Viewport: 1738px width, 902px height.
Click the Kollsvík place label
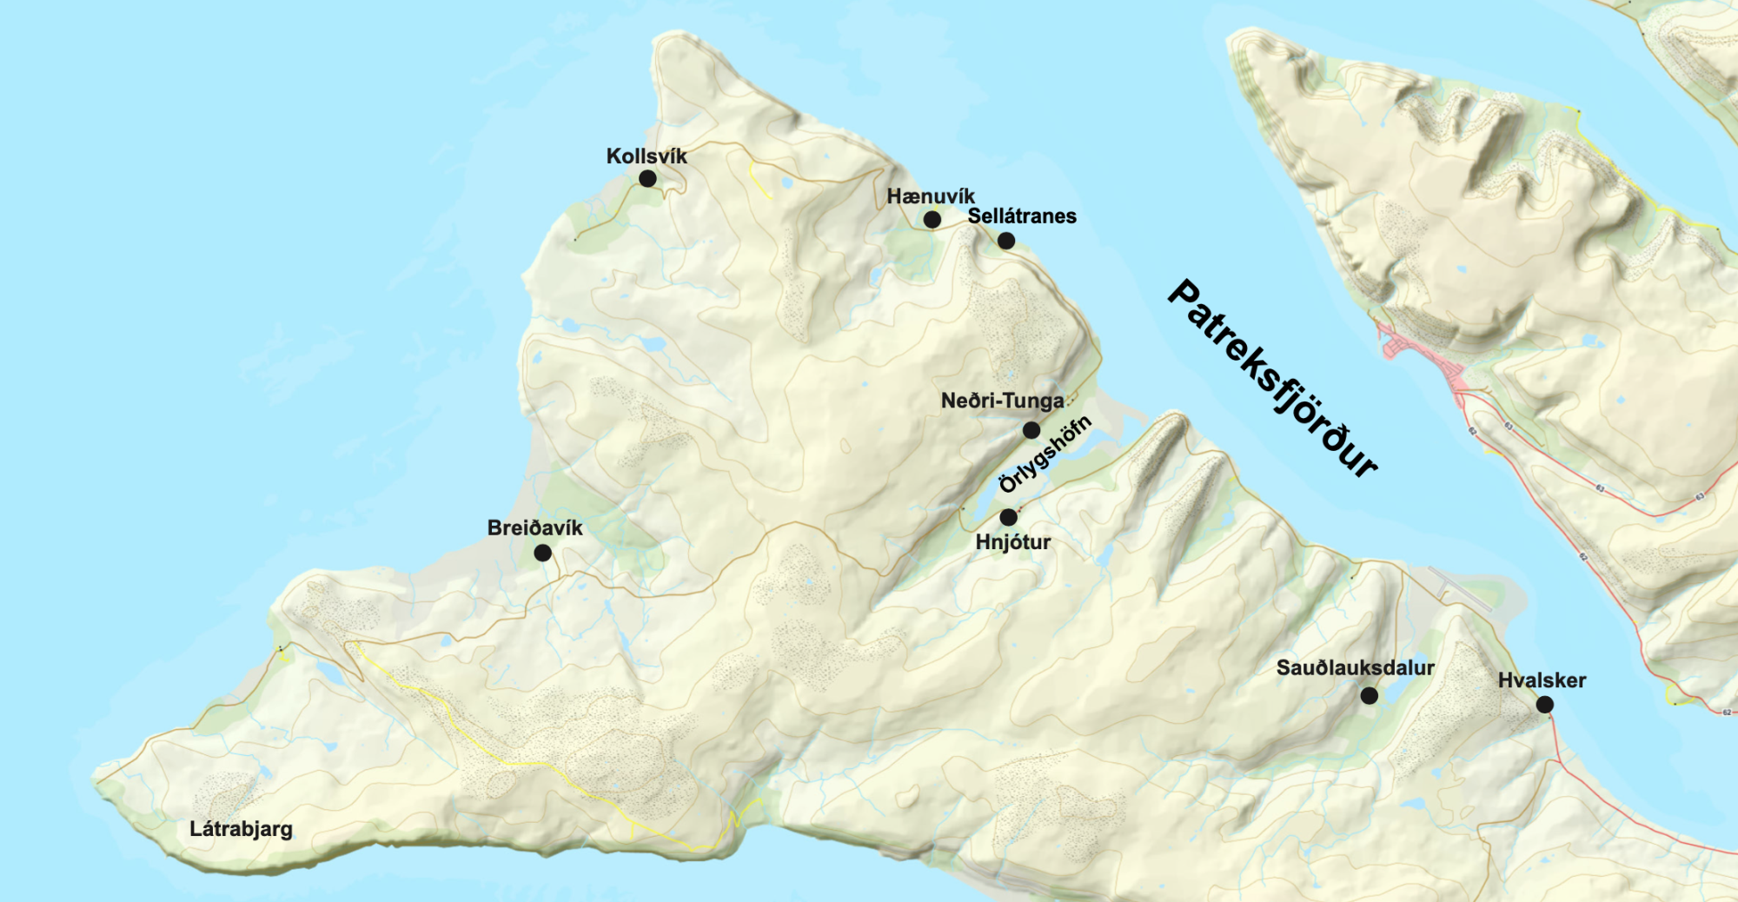point(647,156)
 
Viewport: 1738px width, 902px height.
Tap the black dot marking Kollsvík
point(647,178)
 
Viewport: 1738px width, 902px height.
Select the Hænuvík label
point(931,196)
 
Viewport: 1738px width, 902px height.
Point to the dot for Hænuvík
point(932,220)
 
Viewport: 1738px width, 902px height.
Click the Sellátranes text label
point(1022,216)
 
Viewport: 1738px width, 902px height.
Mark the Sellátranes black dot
point(1006,241)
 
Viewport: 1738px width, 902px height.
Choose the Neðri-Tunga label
point(1003,401)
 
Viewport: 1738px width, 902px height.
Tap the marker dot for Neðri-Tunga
point(1032,430)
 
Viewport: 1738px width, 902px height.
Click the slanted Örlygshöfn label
point(1045,454)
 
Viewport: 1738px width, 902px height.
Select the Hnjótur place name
point(1013,542)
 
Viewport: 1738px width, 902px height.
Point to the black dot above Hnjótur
point(1008,518)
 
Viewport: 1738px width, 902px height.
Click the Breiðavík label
point(535,528)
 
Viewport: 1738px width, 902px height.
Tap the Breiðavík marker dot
point(542,553)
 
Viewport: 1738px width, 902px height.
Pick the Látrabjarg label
point(241,829)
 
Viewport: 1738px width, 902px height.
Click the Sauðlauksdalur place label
point(1355,668)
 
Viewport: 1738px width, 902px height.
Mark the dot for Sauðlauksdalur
point(1369,695)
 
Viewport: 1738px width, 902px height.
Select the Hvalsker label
point(1542,680)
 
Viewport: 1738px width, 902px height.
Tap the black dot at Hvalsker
point(1544,705)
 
